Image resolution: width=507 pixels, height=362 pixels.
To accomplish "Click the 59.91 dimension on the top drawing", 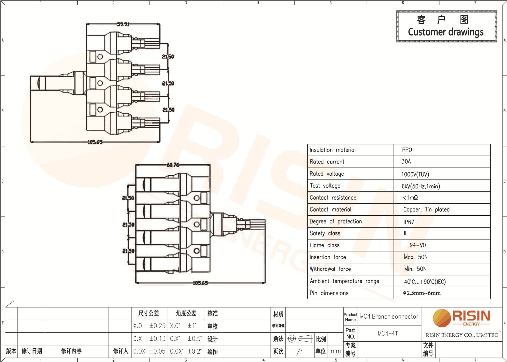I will tap(123, 24).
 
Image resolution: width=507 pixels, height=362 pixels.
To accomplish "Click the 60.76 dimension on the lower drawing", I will tap(173, 165).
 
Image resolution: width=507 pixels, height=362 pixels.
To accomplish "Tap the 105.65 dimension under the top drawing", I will tap(95, 142).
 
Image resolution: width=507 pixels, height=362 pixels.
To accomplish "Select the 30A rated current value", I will tap(406, 161).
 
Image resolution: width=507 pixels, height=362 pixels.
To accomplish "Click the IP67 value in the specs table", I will tap(409, 222).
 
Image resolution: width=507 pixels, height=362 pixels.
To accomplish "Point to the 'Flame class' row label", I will tap(325, 245).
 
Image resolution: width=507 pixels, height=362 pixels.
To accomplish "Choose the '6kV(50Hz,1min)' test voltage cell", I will tap(421, 186).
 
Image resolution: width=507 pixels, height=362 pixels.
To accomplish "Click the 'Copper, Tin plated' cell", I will tap(426, 210).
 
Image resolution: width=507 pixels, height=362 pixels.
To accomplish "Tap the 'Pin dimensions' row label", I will tap(329, 293).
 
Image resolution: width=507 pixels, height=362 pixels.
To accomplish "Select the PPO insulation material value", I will tap(407, 150).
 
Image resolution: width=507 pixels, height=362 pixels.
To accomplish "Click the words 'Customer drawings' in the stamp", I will tap(446, 32).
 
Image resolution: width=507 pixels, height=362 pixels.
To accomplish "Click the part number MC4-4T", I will tap(388, 333).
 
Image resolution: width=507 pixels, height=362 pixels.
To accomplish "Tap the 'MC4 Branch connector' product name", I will tap(389, 316).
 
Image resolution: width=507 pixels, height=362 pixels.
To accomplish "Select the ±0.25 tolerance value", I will tap(157, 326).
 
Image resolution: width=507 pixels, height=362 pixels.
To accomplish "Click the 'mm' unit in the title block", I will tap(336, 351).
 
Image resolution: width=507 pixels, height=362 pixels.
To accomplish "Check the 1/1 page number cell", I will tap(298, 352).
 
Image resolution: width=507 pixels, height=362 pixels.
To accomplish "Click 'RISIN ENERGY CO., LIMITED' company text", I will tap(462, 335).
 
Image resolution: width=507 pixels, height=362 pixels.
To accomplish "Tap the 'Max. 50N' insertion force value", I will tap(416, 257).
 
